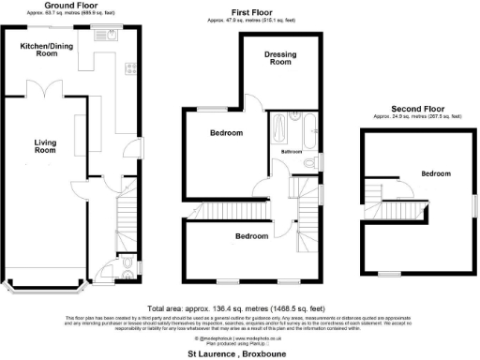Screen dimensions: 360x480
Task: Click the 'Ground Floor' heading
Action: click(x=72, y=6)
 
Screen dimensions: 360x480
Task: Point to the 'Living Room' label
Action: click(x=46, y=147)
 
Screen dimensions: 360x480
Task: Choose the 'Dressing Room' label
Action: click(x=281, y=58)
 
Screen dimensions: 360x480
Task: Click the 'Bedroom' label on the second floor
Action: click(x=435, y=174)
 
